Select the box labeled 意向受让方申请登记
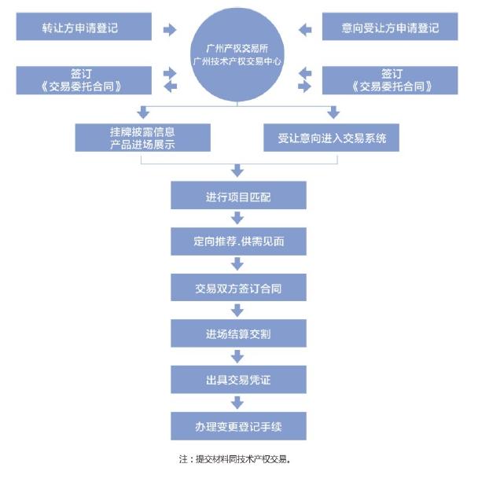pos(391,28)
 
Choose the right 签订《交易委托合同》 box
pos(391,79)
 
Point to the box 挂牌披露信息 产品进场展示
pos(143,138)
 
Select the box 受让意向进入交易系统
pos(331,138)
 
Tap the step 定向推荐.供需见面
pos(237,242)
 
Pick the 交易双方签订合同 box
pos(237,289)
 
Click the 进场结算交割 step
pos(237,334)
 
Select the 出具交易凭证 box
pos(237,381)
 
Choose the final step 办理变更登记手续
pos(237,427)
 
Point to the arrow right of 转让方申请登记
pos(170,29)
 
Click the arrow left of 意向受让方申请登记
pos(306,29)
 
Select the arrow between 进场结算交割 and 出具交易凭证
pos(237,358)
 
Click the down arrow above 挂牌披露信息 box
pos(143,112)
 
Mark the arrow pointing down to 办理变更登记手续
pos(237,404)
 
